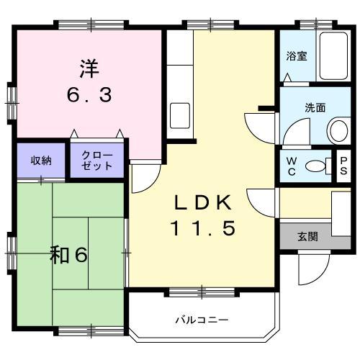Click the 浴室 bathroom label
pyautogui.click(x=297, y=56)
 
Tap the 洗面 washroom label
pyautogui.click(x=315, y=108)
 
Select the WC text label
pyautogui.click(x=292, y=165)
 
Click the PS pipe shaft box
pyautogui.click(x=343, y=166)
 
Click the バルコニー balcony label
pyautogui.click(x=202, y=319)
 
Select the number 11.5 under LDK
pyautogui.click(x=202, y=229)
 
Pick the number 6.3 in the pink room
pyautogui.click(x=90, y=94)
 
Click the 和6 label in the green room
pyautogui.click(x=70, y=255)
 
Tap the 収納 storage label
pyautogui.click(x=40, y=161)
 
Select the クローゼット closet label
pyautogui.click(x=96, y=161)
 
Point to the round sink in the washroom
pyautogui.click(x=337, y=130)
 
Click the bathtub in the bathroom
pyautogui.click(x=333, y=56)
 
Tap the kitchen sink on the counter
pyautogui.click(x=179, y=114)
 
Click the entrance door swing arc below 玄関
pyautogui.click(x=308, y=270)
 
